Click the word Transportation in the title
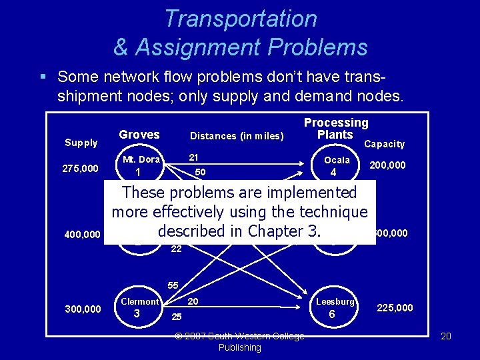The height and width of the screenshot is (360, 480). point(241,19)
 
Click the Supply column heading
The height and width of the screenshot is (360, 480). point(81,143)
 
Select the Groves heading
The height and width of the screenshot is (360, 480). point(139,135)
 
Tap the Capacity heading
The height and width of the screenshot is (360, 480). point(384,144)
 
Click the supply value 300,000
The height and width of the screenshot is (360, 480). point(83,309)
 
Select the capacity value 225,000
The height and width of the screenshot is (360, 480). point(395,307)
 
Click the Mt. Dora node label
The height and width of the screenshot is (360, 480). point(141,159)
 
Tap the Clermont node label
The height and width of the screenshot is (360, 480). point(139,301)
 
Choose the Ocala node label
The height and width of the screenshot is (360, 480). point(337,160)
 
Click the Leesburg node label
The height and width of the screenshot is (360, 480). point(334,302)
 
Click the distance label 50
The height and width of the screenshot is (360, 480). point(200,173)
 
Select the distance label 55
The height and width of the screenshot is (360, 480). point(173,285)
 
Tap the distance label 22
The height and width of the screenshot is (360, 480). point(176,249)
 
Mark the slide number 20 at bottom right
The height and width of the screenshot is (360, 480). point(446,336)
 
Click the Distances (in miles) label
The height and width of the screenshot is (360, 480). point(237,136)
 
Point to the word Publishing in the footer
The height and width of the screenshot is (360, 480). point(240,347)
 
